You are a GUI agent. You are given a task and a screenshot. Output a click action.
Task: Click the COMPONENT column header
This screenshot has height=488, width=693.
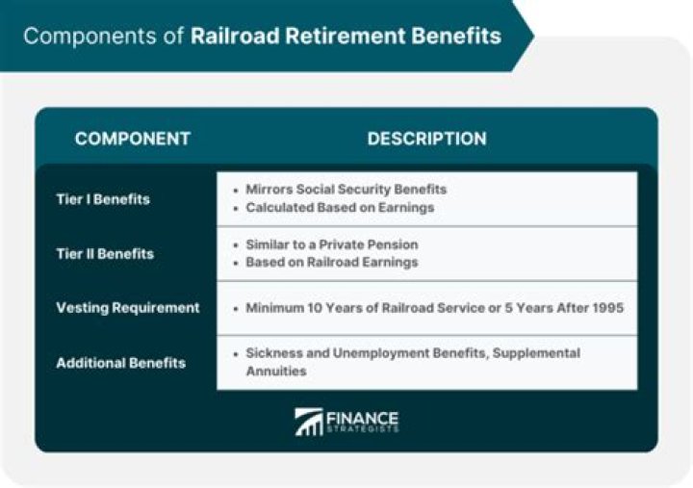[x=132, y=139]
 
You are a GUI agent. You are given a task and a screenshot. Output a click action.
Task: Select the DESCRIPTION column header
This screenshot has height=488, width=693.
[x=426, y=139]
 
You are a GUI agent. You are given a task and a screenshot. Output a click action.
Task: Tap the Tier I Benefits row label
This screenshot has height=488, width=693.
[x=103, y=199]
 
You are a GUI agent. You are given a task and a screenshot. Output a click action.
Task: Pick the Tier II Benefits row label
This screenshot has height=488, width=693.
[x=104, y=253]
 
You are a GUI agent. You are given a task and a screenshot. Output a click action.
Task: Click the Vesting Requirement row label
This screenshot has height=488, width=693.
[x=127, y=308]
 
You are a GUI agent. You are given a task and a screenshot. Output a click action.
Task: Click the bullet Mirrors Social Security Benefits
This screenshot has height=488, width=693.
[x=346, y=190]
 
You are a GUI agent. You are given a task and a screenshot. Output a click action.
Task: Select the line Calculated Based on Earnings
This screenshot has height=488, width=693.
[x=340, y=208]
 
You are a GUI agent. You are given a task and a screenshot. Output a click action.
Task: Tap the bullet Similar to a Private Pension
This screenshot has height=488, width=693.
[x=331, y=244]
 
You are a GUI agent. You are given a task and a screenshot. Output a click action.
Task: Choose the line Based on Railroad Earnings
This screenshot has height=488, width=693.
[x=331, y=262]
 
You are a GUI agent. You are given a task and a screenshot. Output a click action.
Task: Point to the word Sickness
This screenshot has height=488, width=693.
[x=273, y=353]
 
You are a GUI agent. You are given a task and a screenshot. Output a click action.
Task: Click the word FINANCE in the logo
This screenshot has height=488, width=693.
[x=363, y=418]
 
